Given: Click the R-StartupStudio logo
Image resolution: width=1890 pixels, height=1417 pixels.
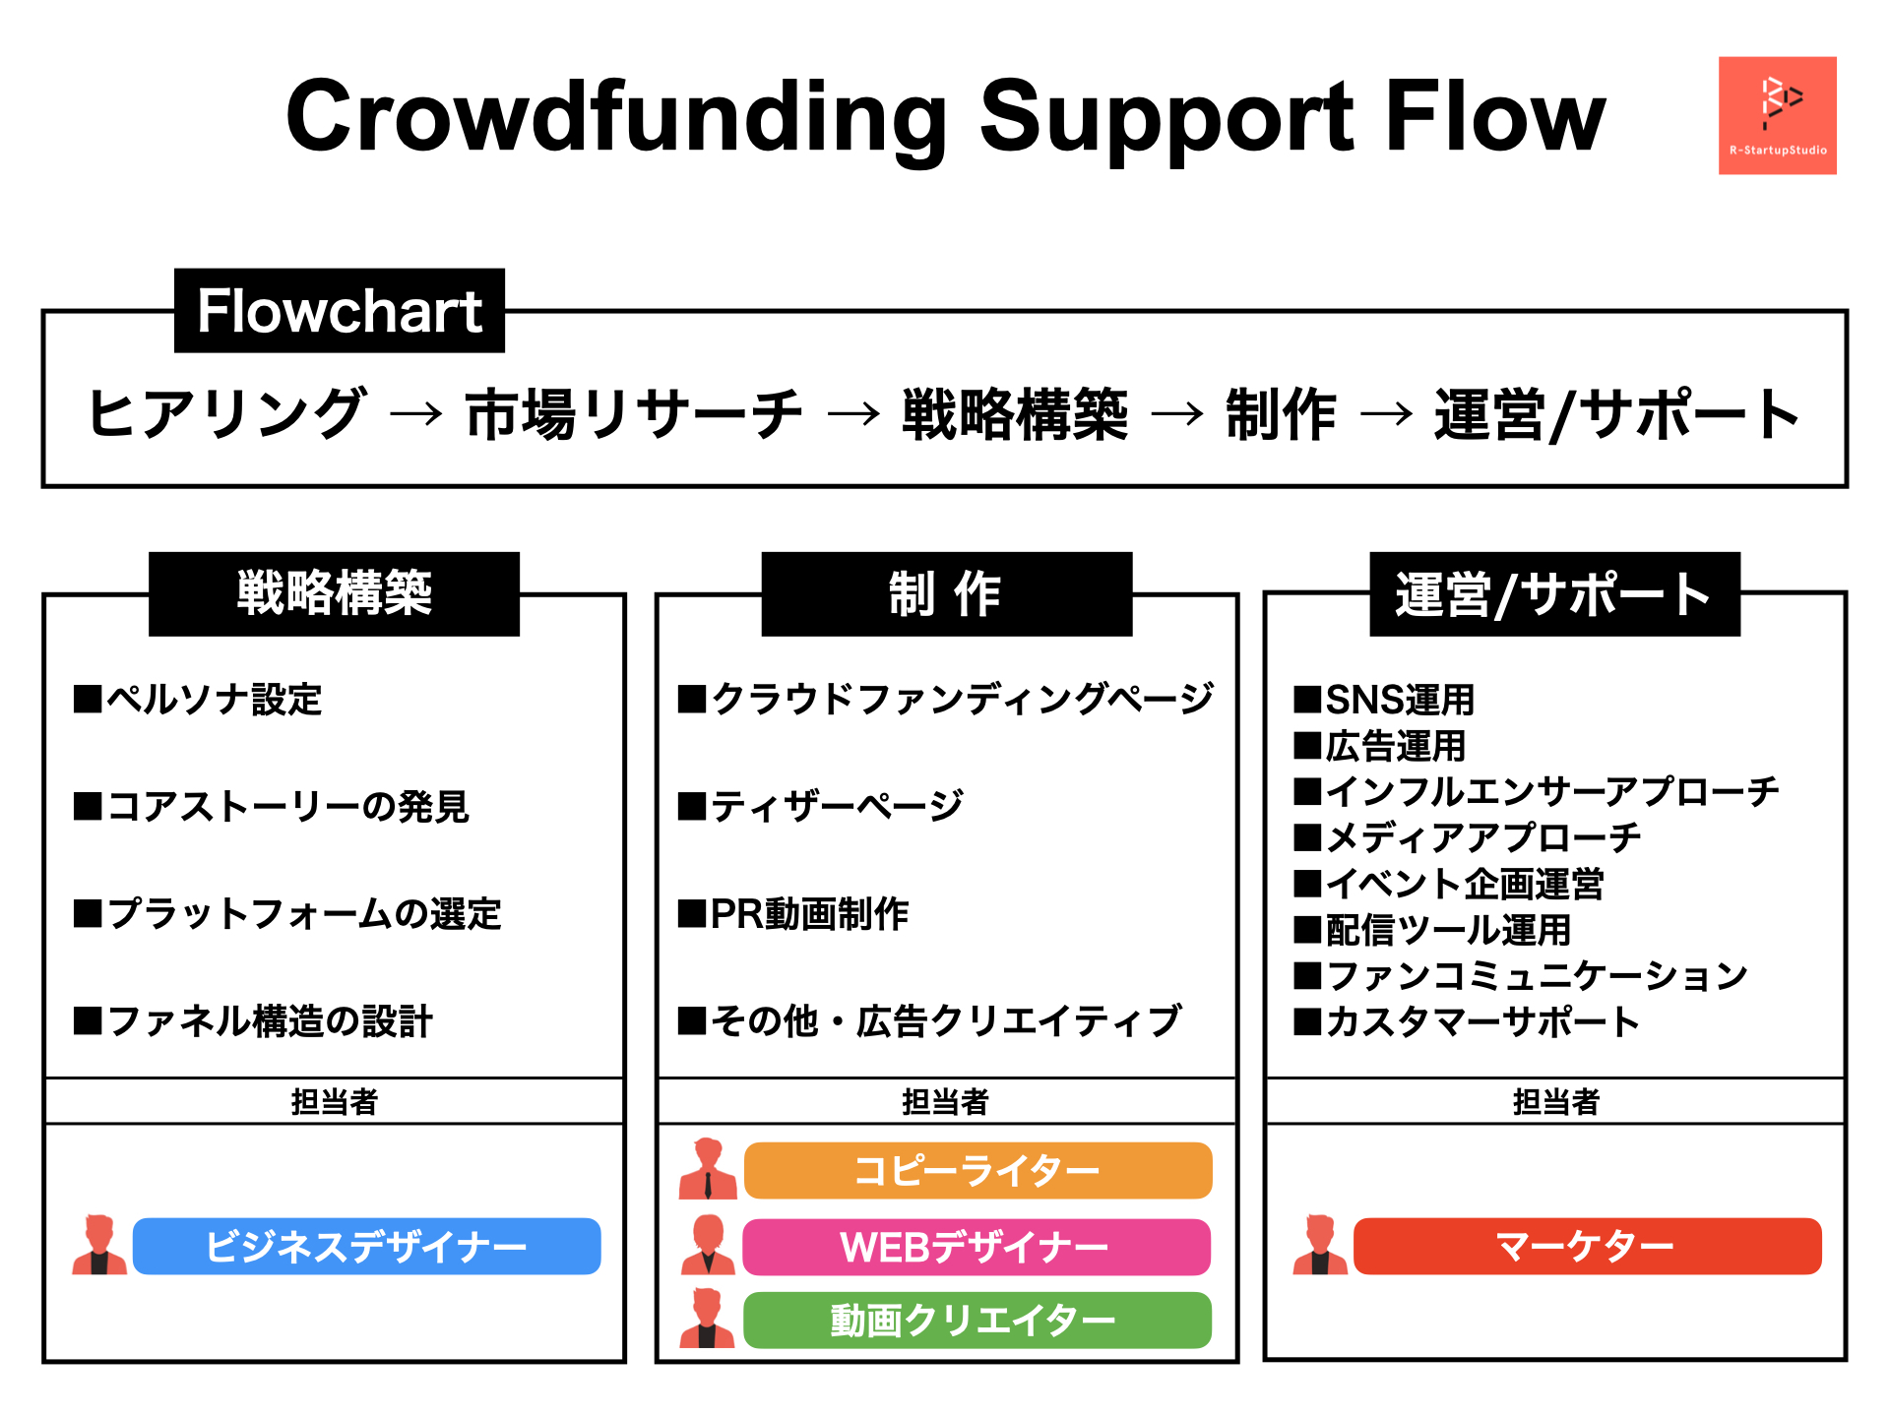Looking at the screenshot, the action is point(1777,115).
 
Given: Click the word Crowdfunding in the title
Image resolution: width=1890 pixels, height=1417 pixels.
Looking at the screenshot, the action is point(616,117).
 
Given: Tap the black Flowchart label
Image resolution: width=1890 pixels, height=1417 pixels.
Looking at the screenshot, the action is point(340,311).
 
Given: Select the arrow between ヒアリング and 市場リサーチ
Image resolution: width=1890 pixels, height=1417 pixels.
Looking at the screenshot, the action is point(415,414).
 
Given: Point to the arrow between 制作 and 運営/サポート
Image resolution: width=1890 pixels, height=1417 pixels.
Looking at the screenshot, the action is point(1386,414).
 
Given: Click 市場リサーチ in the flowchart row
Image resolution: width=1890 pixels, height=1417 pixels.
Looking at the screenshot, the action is point(634,414).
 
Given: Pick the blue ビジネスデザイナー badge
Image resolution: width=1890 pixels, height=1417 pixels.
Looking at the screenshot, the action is point(366,1247).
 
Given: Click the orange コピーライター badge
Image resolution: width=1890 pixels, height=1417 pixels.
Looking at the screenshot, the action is point(977,1171).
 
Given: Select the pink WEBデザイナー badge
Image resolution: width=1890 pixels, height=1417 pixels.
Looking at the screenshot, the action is point(976,1247).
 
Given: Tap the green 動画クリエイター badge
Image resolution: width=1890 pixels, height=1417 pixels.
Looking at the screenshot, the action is point(976,1321).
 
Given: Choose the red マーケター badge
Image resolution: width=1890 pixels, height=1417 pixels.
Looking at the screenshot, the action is point(1587,1247).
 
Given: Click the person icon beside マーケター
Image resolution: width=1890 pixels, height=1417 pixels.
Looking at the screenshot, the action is point(1320,1245).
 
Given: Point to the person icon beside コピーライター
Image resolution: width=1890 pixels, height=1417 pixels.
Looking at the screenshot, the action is point(708,1169).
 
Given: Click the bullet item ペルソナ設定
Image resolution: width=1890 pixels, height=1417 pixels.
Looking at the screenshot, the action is point(198,700).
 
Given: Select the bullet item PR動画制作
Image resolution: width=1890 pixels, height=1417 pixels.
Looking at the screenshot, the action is point(792,914).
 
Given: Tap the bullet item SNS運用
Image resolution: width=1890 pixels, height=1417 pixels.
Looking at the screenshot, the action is point(1384,700).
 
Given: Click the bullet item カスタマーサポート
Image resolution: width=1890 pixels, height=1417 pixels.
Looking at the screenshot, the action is point(1467,1021).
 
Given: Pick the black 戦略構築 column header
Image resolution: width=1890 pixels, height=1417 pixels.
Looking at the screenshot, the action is point(334,593).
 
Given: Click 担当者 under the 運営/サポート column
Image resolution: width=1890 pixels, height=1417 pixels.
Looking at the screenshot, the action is point(1555,1101).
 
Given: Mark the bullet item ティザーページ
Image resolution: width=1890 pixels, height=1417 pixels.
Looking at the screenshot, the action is point(820,807).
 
